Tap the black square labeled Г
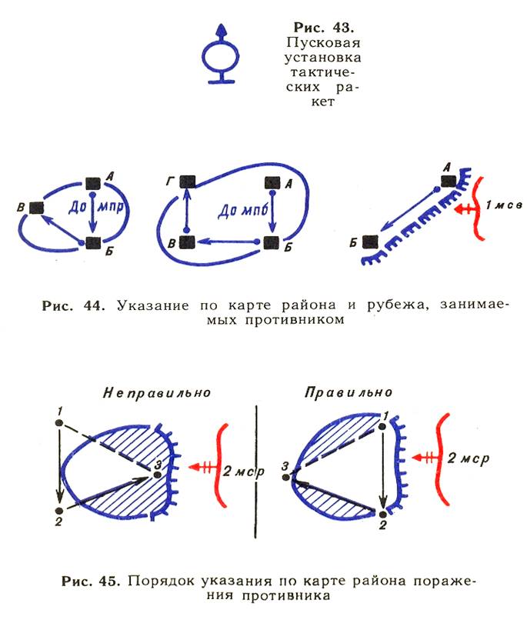[187, 182]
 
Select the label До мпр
[96, 207]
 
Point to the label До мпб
[243, 210]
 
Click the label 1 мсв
[504, 205]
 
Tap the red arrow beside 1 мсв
[464, 208]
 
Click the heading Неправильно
[157, 393]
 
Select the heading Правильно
[349, 393]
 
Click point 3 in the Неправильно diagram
[158, 475]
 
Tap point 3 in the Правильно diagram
[286, 477]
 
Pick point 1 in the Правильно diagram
[382, 426]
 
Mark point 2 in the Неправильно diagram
[58, 511]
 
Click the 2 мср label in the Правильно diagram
[469, 458]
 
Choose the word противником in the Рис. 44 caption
[295, 320]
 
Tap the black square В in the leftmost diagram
[37, 208]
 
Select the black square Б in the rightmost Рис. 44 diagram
[370, 242]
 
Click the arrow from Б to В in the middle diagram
[228, 241]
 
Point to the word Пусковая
[323, 42]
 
